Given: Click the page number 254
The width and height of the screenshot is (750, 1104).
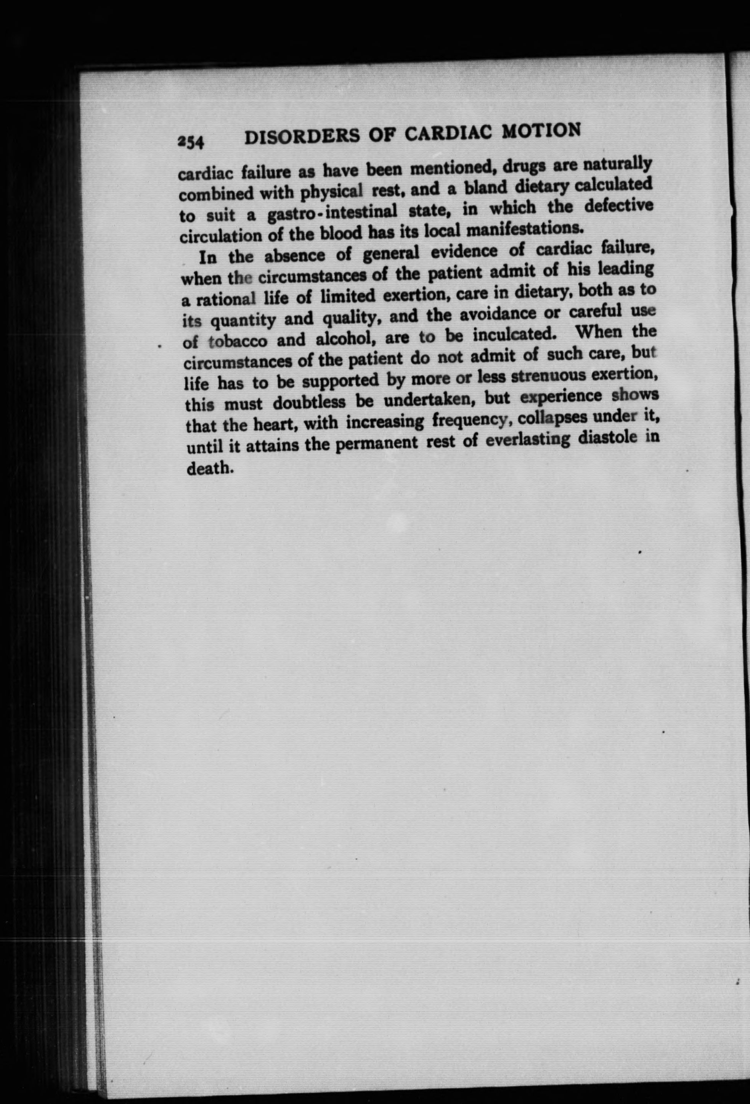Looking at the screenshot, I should [190, 142].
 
